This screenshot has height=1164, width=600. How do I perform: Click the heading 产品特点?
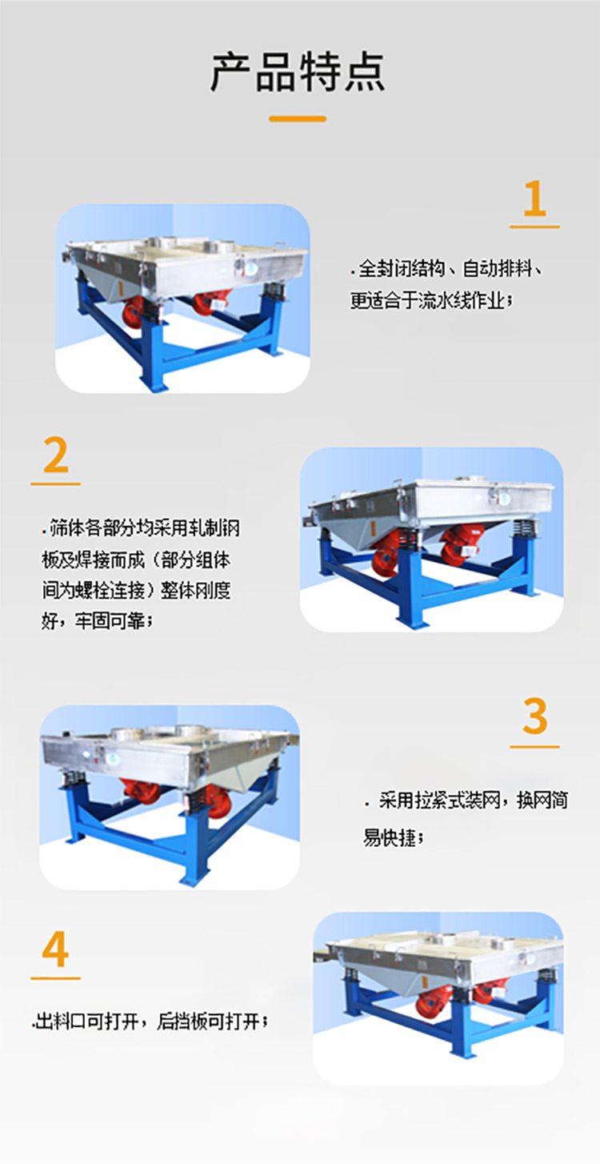[298, 72]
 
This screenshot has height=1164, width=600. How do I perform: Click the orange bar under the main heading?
[298, 119]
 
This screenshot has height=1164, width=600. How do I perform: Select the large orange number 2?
[55, 456]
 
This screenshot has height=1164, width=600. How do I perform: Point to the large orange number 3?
[534, 717]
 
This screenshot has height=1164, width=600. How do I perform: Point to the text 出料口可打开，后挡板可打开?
[150, 1022]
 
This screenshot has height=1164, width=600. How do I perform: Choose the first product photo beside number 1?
[182, 299]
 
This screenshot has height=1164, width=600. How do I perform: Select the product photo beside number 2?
[431, 539]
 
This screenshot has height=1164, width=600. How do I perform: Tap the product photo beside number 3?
[170, 797]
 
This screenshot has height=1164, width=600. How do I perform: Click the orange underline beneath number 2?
[55, 484]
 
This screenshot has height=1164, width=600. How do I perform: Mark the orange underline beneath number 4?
[55, 977]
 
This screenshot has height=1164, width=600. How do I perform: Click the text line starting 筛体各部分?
[140, 529]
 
